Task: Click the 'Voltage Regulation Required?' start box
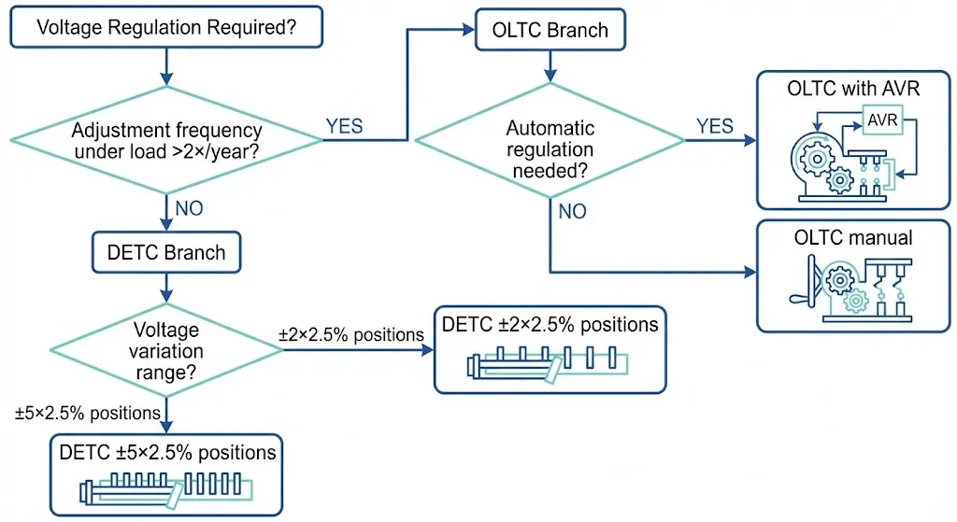166,28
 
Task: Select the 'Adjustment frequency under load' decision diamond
166,141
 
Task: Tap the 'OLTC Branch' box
550,29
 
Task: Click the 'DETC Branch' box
165,251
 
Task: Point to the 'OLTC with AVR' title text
853,90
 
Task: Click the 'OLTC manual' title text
853,237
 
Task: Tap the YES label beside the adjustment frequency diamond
344,126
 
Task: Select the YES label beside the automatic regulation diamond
715,126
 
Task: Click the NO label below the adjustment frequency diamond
189,208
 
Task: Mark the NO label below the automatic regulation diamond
573,211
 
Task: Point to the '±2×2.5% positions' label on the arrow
351,333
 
